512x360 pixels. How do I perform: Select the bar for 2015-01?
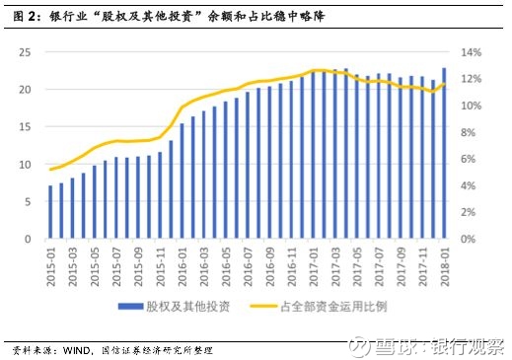coord(50,212)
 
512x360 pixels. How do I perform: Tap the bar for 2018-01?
coord(443,153)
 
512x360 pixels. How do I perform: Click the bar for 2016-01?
coord(182,180)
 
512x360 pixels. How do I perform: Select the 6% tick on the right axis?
coord(469,159)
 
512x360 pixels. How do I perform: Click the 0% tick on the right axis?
coord(469,239)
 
